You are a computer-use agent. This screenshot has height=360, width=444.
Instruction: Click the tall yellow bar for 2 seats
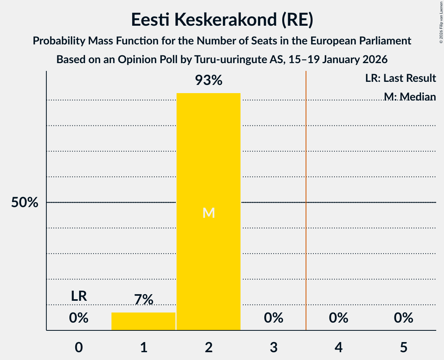(x=209, y=212)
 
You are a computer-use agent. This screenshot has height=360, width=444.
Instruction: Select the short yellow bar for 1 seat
(x=143, y=321)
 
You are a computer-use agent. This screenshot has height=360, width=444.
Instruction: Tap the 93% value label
(x=209, y=80)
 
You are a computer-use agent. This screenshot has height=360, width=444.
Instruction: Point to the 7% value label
(x=144, y=300)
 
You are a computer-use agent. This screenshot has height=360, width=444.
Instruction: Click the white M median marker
(x=209, y=213)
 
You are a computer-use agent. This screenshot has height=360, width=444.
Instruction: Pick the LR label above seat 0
(x=79, y=296)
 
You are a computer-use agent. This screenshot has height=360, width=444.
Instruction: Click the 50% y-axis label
(x=25, y=202)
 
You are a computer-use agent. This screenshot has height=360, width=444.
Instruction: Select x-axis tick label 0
(x=79, y=347)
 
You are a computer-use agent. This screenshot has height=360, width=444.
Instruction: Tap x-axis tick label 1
(x=144, y=347)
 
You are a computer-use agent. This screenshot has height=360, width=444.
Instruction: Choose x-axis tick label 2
(x=209, y=347)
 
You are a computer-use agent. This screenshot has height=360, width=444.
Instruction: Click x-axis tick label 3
(x=274, y=347)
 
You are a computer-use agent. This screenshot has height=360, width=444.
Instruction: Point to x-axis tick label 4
(x=339, y=347)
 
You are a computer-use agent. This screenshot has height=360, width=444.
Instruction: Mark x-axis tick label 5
(x=403, y=347)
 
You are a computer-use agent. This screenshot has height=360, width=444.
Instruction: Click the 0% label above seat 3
(x=274, y=318)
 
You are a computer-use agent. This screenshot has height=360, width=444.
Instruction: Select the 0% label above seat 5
(x=403, y=318)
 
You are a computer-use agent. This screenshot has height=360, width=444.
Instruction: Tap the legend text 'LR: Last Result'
(x=400, y=78)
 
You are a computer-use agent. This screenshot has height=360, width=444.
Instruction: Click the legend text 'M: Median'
(x=410, y=97)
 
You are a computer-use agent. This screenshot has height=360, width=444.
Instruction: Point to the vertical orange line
(x=306, y=200)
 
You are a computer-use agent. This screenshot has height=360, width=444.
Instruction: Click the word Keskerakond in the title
(x=225, y=19)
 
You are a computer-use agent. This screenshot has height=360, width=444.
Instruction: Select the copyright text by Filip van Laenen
(x=441, y=22)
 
